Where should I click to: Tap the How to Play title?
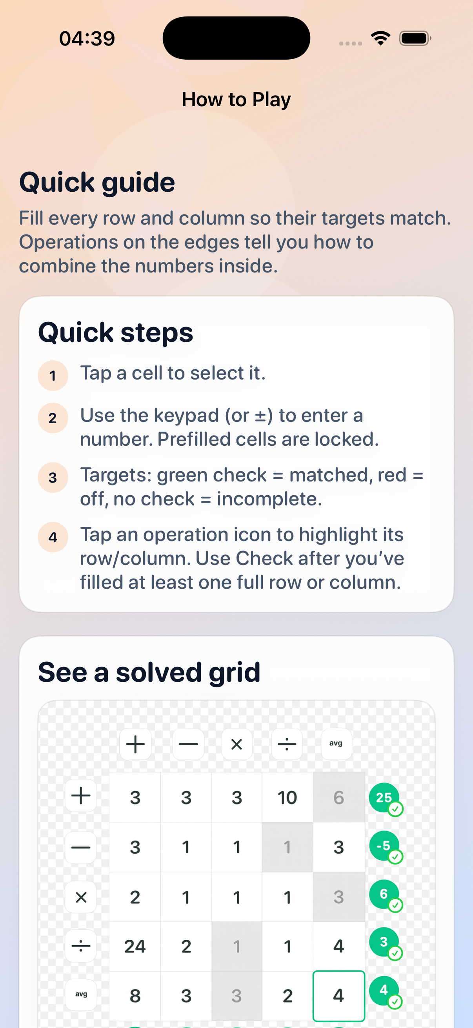pyautogui.click(x=236, y=99)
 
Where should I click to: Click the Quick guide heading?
pyautogui.click(x=97, y=182)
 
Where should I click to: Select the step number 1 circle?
pyautogui.click(x=53, y=376)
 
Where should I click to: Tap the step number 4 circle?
pyautogui.click(x=53, y=537)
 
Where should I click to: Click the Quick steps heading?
pyautogui.click(x=115, y=332)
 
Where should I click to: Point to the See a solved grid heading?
pyautogui.click(x=149, y=672)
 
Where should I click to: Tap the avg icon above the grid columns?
pyautogui.click(x=336, y=744)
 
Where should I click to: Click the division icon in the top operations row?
pyautogui.click(x=287, y=744)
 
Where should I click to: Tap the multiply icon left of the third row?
pyautogui.click(x=81, y=897)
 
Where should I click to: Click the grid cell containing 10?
pyautogui.click(x=287, y=797)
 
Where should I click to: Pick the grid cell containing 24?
pyautogui.click(x=135, y=946)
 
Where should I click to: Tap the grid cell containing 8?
pyautogui.click(x=135, y=996)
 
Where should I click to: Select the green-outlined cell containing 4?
pyautogui.click(x=338, y=996)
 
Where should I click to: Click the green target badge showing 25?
pyautogui.click(x=384, y=797)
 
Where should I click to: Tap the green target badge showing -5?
pyautogui.click(x=384, y=846)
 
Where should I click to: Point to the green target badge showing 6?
pyautogui.click(x=384, y=894)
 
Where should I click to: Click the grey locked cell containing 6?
pyautogui.click(x=338, y=797)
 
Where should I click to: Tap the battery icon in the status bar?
pyautogui.click(x=415, y=38)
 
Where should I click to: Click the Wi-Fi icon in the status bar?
pyautogui.click(x=380, y=38)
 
